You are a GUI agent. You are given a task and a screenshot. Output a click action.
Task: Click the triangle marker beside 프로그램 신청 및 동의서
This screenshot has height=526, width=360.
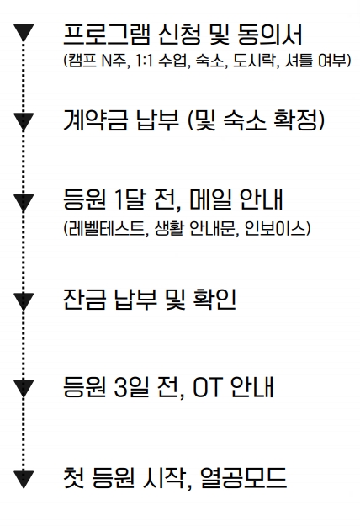[x=23, y=32]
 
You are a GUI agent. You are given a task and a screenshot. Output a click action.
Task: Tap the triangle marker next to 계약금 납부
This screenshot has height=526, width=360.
[x=23, y=121]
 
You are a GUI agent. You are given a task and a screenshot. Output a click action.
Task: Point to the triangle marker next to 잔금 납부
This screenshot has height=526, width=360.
[x=23, y=301]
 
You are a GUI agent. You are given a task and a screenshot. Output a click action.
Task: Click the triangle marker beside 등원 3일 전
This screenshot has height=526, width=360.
[x=23, y=388]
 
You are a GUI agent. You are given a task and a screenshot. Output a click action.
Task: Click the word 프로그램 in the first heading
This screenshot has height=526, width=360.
[x=107, y=35]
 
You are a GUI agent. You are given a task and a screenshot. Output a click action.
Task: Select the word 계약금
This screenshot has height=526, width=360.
[x=96, y=120]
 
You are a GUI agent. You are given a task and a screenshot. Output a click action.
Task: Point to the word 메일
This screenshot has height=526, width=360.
[x=211, y=199]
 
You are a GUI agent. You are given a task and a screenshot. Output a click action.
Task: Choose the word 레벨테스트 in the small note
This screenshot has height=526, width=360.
[x=104, y=229]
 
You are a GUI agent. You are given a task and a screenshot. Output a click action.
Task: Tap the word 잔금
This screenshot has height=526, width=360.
[x=85, y=300]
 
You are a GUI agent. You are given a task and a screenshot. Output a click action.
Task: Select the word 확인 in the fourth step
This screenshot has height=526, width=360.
[x=214, y=300]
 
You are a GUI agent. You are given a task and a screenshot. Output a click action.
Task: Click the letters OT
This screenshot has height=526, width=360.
[x=208, y=387]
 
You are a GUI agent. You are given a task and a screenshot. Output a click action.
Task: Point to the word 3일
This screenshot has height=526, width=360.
[x=131, y=387]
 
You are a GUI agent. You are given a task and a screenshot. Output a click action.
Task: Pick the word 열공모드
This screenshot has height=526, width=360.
[x=243, y=478]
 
